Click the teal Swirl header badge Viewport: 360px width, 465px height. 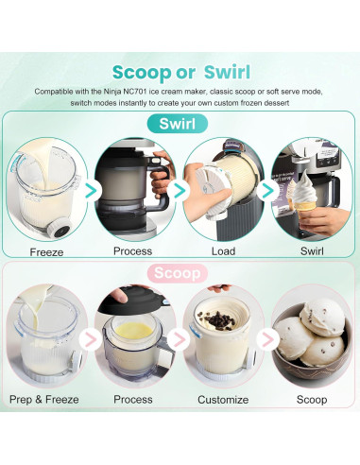178,124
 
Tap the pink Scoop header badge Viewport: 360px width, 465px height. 177,273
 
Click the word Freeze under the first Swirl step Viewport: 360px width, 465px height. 46,252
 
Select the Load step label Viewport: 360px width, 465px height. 223,251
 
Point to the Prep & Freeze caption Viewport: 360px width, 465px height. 44,400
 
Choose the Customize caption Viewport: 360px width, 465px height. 223,400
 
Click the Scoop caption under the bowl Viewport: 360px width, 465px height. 312,400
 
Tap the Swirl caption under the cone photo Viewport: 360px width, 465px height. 312,251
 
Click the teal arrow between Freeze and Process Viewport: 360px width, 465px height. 92,191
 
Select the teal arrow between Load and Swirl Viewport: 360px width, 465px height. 267,190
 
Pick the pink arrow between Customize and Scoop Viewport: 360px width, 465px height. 267,339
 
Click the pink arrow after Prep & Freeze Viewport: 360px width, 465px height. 91,339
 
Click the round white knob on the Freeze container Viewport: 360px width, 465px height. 60,228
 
